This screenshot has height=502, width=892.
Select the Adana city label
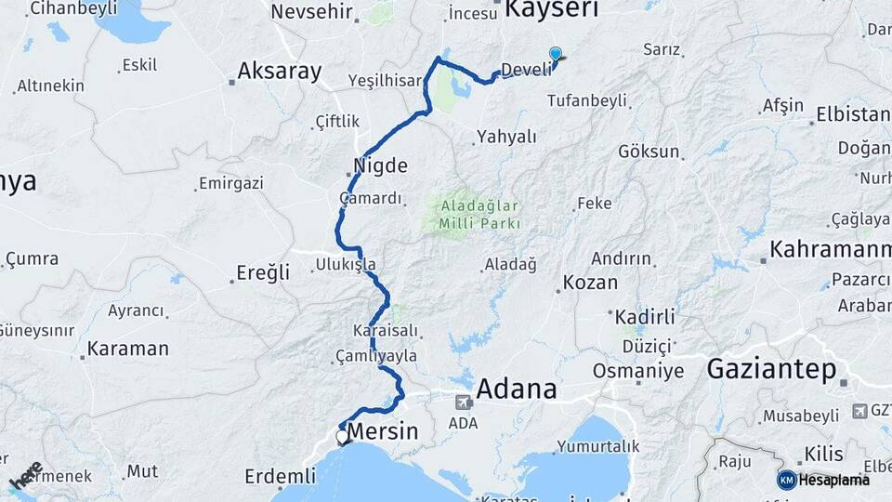517,389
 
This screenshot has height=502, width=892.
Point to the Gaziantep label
771,369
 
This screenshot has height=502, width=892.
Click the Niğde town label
381,165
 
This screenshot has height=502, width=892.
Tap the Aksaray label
279,72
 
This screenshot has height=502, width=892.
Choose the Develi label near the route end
526,69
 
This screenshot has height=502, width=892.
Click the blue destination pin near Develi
556,56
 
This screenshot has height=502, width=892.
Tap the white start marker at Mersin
342,436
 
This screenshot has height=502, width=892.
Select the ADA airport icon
463,403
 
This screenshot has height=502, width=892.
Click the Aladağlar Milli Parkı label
472,214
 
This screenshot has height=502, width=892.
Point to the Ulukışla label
345,264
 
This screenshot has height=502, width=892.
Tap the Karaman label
127,350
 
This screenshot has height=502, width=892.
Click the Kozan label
590,283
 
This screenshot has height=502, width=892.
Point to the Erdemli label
280,476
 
